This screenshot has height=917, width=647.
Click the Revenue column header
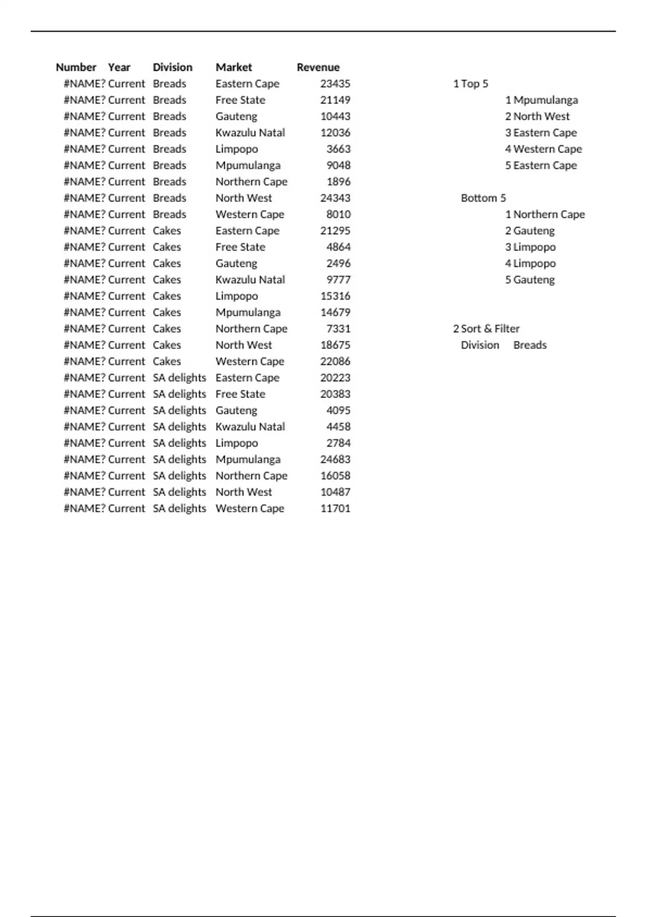click(318, 67)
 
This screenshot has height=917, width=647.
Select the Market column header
click(233, 67)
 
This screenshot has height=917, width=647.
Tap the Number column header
click(76, 67)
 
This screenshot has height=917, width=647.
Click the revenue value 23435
click(335, 84)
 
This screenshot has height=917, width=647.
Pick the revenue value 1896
click(338, 182)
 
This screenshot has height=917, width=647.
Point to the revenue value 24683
click(335, 460)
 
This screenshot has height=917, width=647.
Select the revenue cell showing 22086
click(335, 361)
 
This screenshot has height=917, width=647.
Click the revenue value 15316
click(335, 296)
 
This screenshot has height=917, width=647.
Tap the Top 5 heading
click(474, 84)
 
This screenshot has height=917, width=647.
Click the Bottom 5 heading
click(483, 198)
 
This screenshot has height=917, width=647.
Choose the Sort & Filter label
click(490, 329)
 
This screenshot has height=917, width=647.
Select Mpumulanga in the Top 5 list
click(545, 100)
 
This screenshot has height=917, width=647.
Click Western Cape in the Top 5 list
click(547, 149)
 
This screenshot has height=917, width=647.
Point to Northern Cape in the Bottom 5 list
click(549, 214)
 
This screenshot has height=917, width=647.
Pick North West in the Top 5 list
click(541, 117)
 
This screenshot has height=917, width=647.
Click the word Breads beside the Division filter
click(529, 345)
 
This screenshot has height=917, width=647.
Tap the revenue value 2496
click(338, 263)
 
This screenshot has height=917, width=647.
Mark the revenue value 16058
click(335, 476)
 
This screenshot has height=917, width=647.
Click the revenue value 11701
click(335, 509)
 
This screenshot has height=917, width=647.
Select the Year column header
click(119, 67)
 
